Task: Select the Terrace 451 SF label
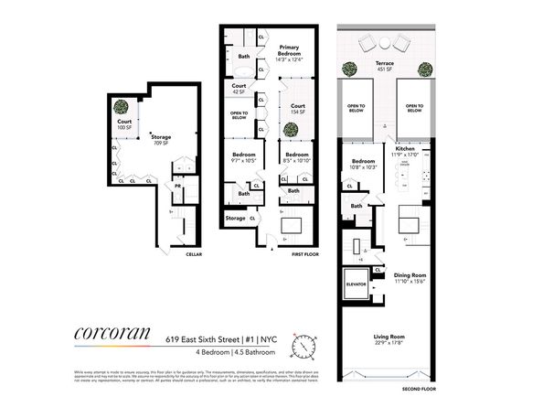[384, 67]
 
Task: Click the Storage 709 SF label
[162, 140]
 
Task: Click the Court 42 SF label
[239, 90]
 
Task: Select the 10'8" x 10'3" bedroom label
[363, 166]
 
